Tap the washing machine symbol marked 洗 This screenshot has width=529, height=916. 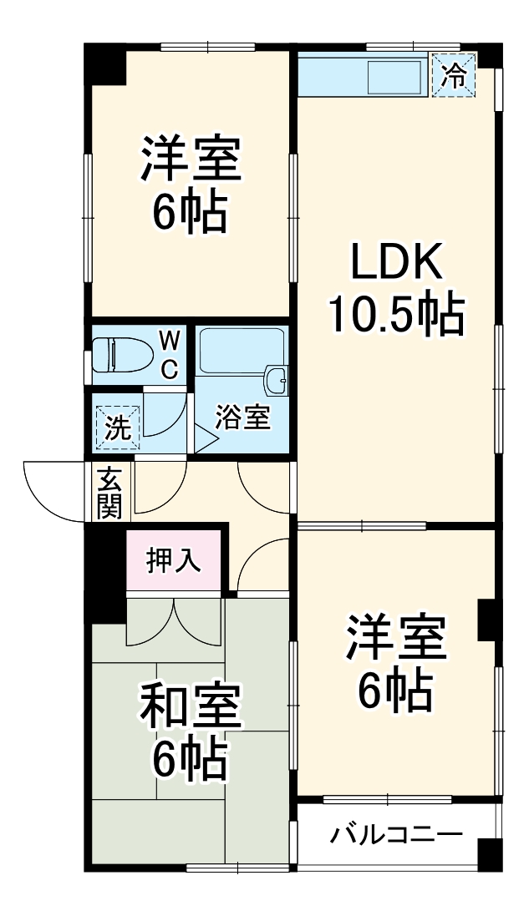coord(117,428)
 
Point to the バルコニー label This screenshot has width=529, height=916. coord(395,833)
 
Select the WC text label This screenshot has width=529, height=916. coord(169,355)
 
